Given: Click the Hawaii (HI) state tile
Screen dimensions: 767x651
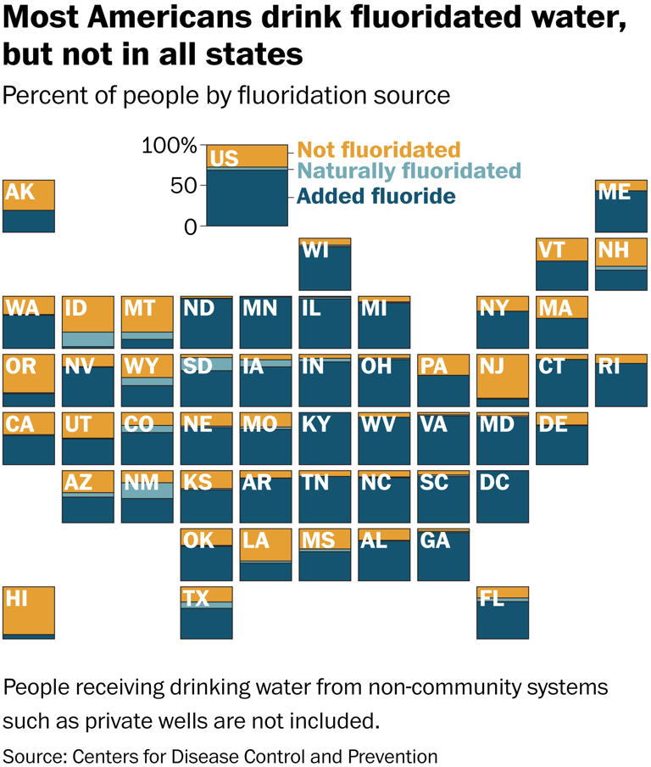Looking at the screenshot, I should click(29, 612).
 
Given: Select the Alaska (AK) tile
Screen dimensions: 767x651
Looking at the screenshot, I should click(29, 206).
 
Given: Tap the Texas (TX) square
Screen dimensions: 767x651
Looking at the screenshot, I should click(207, 612).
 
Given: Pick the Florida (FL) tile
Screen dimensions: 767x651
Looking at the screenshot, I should click(503, 612).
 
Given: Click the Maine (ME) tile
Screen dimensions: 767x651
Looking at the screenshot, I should click(621, 206).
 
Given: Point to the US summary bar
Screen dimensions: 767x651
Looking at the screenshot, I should click(248, 186).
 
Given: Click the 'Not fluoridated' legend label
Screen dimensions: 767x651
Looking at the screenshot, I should click(379, 150).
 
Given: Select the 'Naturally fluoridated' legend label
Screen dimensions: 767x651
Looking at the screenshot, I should click(409, 172).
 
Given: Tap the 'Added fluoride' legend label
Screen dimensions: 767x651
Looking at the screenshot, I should click(376, 197).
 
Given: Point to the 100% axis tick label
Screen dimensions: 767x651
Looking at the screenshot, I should click(170, 146).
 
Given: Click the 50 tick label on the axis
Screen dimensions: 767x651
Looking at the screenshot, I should click(185, 186).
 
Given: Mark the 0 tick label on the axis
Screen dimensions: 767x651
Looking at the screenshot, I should click(191, 227).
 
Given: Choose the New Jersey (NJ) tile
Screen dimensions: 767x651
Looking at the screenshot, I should click(503, 377).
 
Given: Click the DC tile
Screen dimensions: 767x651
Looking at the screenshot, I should click(503, 496).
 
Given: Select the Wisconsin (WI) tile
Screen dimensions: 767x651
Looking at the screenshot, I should click(325, 265).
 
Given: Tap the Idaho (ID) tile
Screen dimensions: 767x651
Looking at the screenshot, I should click(88, 322).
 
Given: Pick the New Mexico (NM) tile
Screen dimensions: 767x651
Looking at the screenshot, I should click(147, 496).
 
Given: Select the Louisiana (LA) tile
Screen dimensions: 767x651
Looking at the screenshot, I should click(266, 554).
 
